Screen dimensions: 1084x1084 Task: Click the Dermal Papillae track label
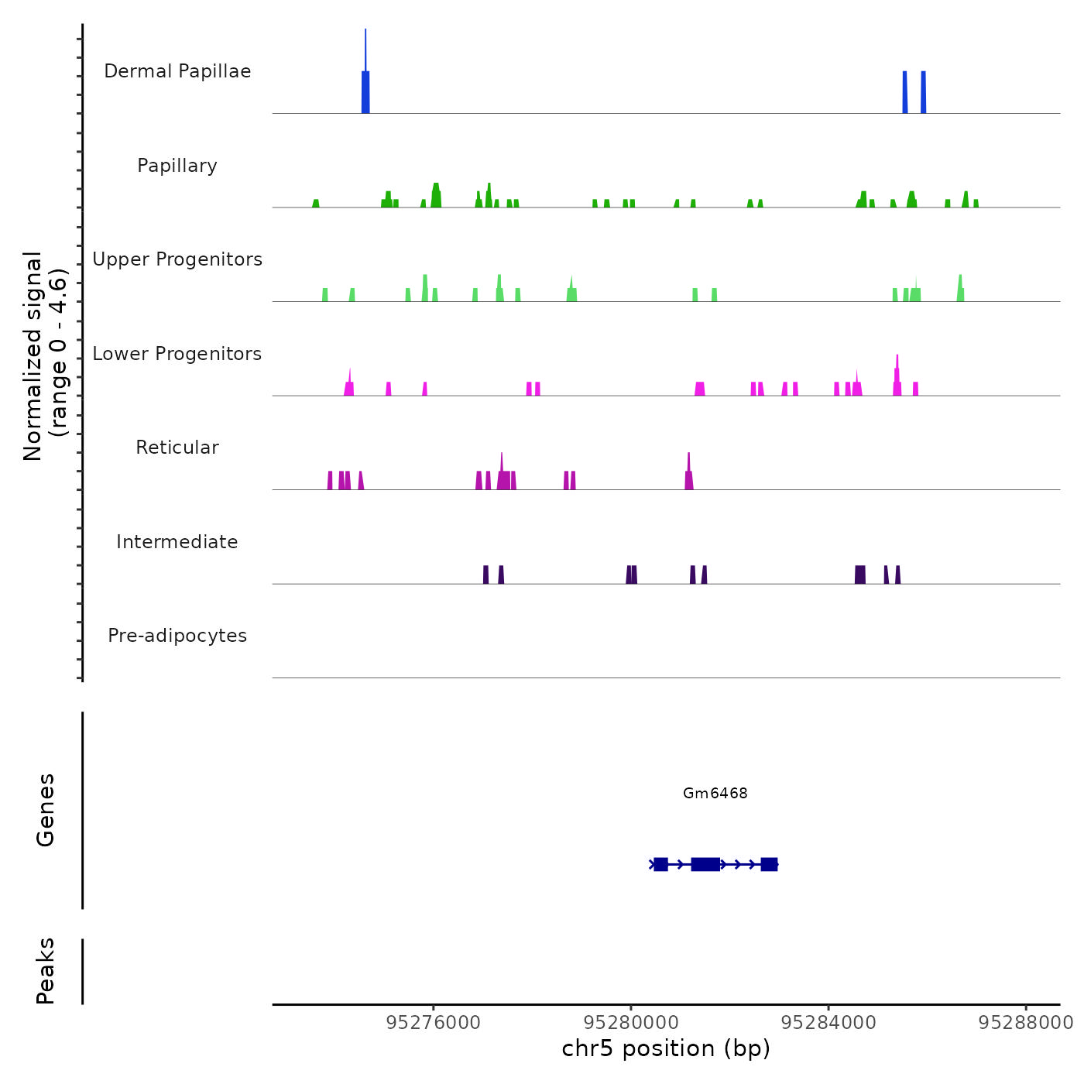tap(177, 71)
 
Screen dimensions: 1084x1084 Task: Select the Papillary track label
tap(177, 166)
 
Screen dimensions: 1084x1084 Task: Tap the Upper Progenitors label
tap(177, 259)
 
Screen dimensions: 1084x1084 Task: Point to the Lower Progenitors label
tap(177, 354)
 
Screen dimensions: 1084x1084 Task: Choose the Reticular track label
tap(177, 448)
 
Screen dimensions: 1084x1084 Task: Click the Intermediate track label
tap(177, 542)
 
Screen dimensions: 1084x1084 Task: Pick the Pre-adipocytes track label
tap(177, 636)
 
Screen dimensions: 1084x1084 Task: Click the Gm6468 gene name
tap(715, 793)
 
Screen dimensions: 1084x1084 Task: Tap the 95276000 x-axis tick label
tap(434, 1023)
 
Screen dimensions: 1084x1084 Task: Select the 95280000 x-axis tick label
tap(631, 1023)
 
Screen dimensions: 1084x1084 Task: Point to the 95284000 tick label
tap(828, 1023)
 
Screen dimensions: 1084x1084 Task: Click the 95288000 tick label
tap(1026, 1023)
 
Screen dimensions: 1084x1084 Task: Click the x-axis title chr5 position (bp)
tap(666, 1048)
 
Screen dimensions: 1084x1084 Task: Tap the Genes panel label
tap(46, 810)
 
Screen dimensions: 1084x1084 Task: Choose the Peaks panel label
tap(46, 971)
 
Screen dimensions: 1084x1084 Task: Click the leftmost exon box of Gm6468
tap(660, 864)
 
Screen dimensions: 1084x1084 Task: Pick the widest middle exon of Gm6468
tap(705, 864)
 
